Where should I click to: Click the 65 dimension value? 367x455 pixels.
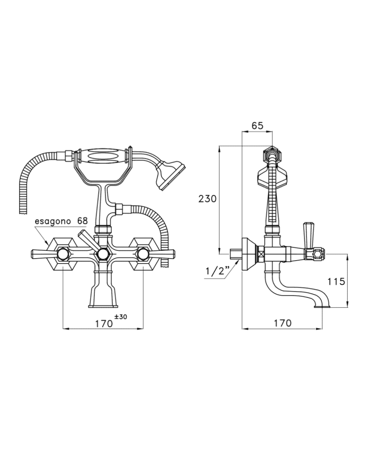pyautogui.click(x=257, y=126)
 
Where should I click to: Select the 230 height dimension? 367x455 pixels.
pyautogui.click(x=208, y=199)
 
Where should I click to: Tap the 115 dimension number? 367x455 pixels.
pyautogui.click(x=336, y=281)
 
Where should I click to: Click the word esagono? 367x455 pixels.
pyautogui.click(x=53, y=221)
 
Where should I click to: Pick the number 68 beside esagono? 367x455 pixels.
pyautogui.click(x=82, y=220)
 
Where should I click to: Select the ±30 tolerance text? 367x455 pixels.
pyautogui.click(x=121, y=317)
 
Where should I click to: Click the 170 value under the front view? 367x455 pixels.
pyautogui.click(x=104, y=323)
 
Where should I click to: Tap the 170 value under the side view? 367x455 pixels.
pyautogui.click(x=283, y=323)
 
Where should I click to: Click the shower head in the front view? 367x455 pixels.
pyautogui.click(x=170, y=175)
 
